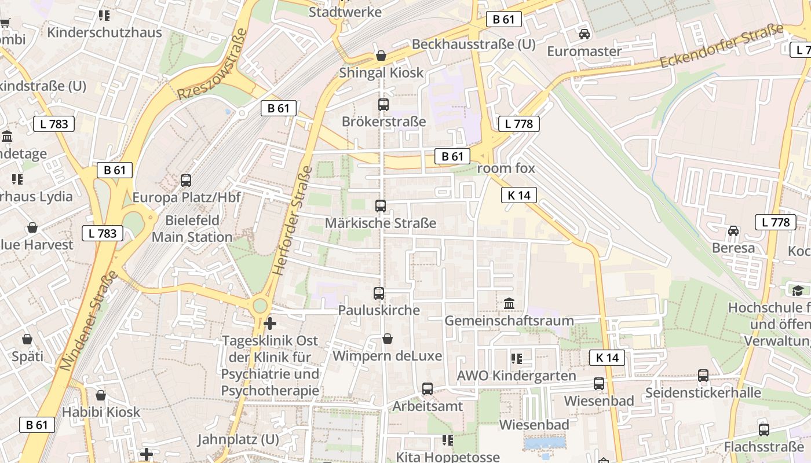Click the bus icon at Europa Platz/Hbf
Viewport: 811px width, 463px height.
186,180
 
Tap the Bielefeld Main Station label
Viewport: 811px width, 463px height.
192,229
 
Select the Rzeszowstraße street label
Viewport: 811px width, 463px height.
213,65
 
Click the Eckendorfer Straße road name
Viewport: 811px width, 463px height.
722,46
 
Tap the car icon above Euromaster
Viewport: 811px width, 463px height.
584,34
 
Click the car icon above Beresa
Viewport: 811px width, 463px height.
733,231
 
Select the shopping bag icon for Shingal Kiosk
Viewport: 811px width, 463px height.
381,56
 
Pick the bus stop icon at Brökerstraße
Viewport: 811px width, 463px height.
383,105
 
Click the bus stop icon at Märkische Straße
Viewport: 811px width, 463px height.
381,206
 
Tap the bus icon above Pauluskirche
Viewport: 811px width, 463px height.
379,293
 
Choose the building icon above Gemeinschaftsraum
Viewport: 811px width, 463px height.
509,303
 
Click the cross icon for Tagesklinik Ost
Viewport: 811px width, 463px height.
270,324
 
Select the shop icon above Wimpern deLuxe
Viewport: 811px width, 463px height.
388,339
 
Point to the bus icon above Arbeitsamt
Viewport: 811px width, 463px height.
428,389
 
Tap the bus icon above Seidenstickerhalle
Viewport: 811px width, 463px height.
703,376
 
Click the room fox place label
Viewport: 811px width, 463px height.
506,168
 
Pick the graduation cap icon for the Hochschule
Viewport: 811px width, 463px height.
798,291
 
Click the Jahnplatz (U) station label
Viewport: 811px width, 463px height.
238,439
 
